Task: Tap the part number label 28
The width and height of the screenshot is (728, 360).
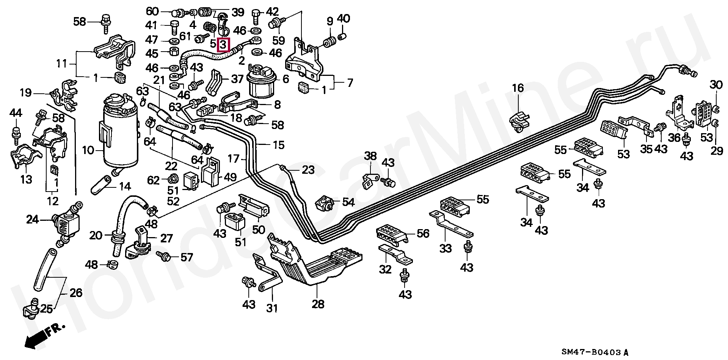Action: [318, 304]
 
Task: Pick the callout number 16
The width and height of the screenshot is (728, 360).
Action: [518, 88]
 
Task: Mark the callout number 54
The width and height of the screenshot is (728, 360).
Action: [348, 202]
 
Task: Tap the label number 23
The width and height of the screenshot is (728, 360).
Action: [308, 170]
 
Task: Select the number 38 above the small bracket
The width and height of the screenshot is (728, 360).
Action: [371, 156]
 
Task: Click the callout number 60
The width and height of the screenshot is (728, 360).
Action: [153, 11]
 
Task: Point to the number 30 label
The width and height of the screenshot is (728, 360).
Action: [716, 85]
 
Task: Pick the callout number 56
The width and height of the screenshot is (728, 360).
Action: [423, 233]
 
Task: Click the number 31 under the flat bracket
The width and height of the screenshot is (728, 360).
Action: [271, 308]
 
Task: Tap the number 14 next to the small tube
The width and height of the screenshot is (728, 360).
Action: [125, 186]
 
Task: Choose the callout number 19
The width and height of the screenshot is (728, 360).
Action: [26, 92]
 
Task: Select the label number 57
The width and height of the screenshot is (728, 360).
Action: [187, 258]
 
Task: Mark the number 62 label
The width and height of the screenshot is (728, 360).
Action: [153, 180]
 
